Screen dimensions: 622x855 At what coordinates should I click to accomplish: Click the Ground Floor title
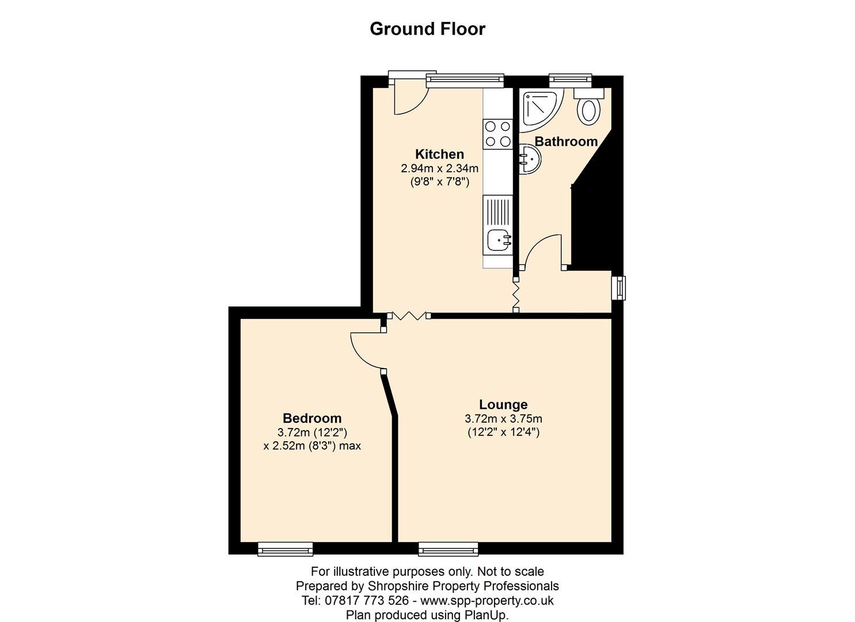pos(427,29)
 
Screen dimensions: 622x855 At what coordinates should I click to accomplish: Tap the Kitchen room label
pos(439,154)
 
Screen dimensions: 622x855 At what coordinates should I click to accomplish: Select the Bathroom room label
pos(566,142)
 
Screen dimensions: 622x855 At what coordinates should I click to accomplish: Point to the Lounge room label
pos(503,405)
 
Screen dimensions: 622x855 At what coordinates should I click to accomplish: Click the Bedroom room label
pos(312,419)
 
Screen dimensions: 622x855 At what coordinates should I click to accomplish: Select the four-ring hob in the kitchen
pos(497,133)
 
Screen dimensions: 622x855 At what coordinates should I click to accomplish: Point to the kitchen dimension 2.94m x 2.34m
pos(440,169)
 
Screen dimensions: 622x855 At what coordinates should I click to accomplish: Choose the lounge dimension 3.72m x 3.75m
pos(503,419)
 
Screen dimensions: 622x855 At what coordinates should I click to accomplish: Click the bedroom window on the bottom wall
pos(285,549)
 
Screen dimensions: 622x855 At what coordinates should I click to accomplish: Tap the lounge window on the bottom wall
pos(448,549)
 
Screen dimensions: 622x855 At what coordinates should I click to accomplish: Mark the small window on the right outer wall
pos(619,288)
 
